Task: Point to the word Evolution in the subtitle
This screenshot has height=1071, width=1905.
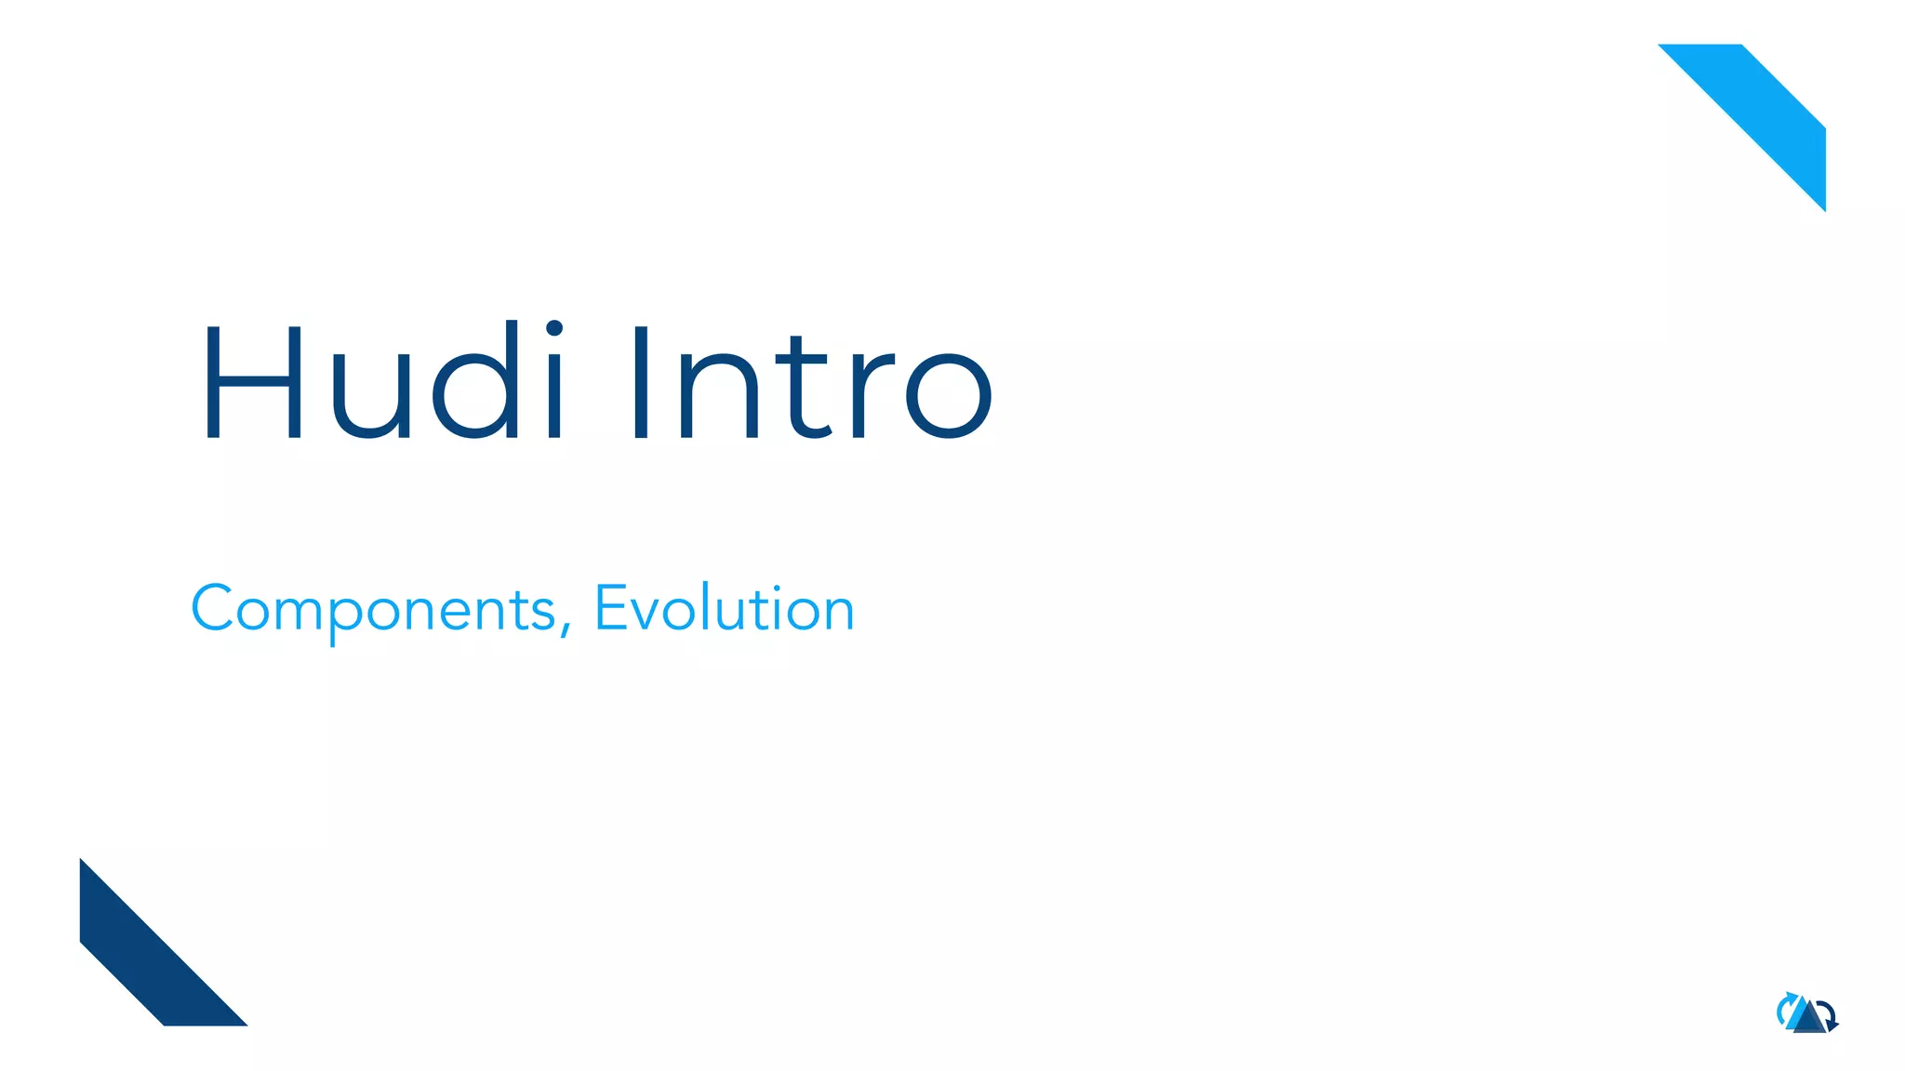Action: pyautogui.click(x=724, y=609)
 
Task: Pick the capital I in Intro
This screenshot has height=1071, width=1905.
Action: pyautogui.click(x=640, y=383)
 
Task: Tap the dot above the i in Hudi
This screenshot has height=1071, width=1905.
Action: pyautogui.click(x=554, y=328)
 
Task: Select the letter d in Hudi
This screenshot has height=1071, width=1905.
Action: pyautogui.click(x=479, y=381)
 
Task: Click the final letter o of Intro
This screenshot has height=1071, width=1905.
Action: pyautogui.click(x=949, y=395)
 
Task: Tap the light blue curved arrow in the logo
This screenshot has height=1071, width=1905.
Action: pyautogui.click(x=1783, y=1008)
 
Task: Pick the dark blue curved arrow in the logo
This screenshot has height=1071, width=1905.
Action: pyautogui.click(x=1829, y=1015)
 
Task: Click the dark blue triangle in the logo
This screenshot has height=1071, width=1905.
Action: pyautogui.click(x=1809, y=1021)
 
